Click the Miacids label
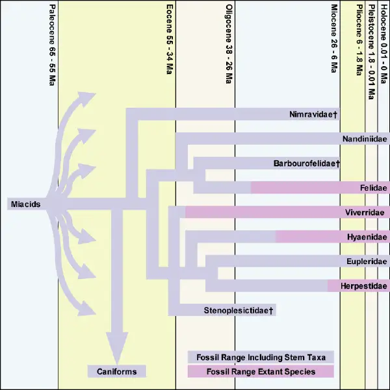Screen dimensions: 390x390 [25, 204]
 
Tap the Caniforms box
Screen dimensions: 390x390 [117, 371]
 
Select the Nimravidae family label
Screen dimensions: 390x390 [313, 114]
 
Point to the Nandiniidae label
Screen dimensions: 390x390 [365, 139]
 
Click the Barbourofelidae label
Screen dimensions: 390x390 [307, 164]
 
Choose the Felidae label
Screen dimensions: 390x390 [374, 188]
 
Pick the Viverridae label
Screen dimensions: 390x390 [365, 212]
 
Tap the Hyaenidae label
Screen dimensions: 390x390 [367, 237]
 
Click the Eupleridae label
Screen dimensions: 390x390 [367, 261]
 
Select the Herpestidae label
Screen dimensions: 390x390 [364, 286]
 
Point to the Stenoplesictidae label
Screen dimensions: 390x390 [239, 310]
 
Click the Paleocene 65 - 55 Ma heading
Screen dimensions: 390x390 [52, 45]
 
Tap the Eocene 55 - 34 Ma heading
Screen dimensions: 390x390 [170, 40]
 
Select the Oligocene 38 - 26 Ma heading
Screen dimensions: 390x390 [229, 44]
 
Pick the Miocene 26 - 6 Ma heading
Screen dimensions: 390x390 [334, 38]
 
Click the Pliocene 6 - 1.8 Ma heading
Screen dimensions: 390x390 [359, 40]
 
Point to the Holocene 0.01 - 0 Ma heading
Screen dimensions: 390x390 [383, 44]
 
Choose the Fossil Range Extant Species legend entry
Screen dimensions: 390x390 [261, 371]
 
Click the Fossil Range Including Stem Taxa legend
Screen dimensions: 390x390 [261, 357]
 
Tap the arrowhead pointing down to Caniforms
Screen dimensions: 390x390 [117, 348]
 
